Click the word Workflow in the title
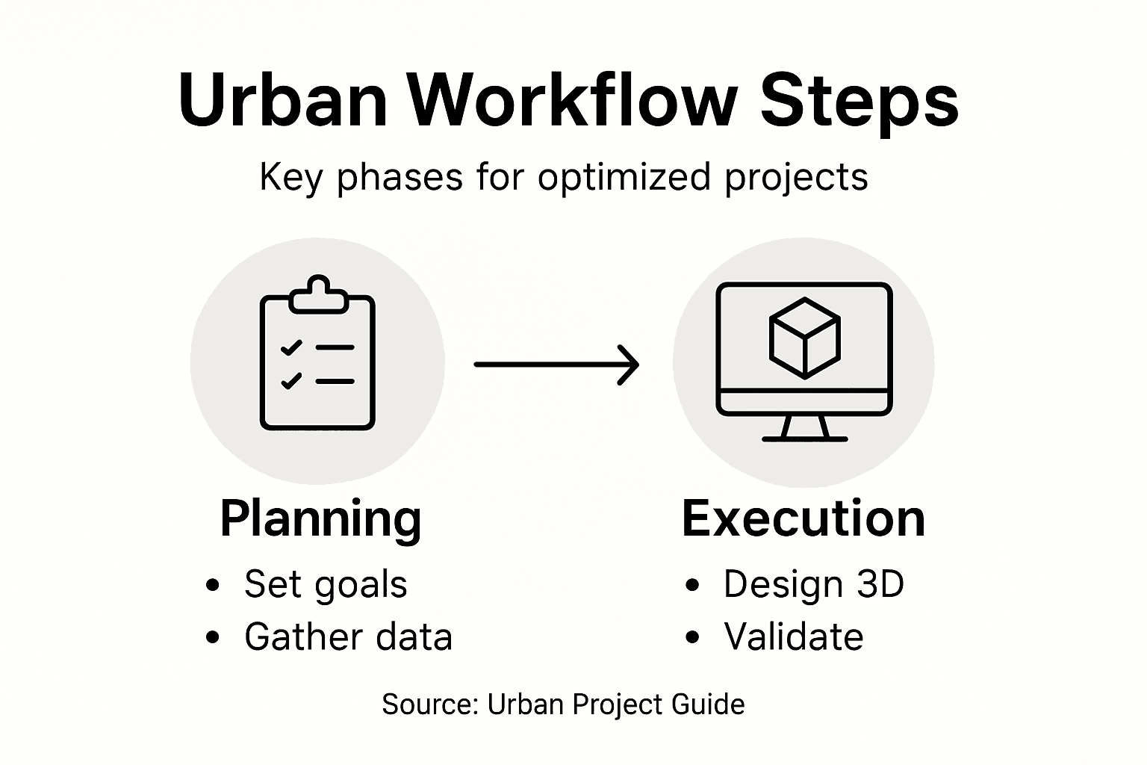coord(573,101)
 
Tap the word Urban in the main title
coord(283,101)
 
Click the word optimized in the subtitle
coord(624,179)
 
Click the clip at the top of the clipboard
coord(318,294)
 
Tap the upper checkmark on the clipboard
coord(290,348)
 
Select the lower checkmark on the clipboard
coord(290,381)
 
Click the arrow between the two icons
coord(556,365)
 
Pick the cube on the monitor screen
coord(804,338)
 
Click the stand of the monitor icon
coord(804,429)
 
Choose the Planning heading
coord(320,519)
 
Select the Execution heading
coord(803,519)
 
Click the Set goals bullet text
coord(326,585)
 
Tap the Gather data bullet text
coord(348,637)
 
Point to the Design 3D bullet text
coord(813,584)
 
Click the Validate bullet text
coord(793,637)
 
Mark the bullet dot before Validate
coord(692,637)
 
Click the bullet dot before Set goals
coord(213,585)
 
